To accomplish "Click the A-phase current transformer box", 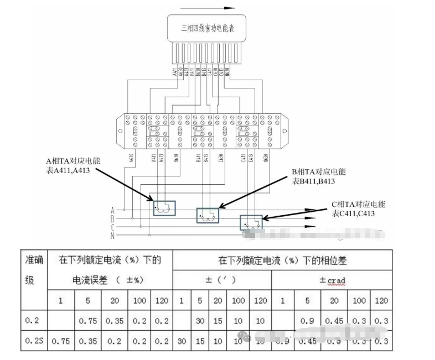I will tap(164, 208).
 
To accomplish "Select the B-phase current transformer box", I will tap(208, 215).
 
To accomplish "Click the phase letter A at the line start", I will tap(112, 210).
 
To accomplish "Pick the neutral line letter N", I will tap(112, 236).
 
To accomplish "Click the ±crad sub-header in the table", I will tap(332, 280).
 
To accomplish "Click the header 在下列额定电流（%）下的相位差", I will tap(282, 260).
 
